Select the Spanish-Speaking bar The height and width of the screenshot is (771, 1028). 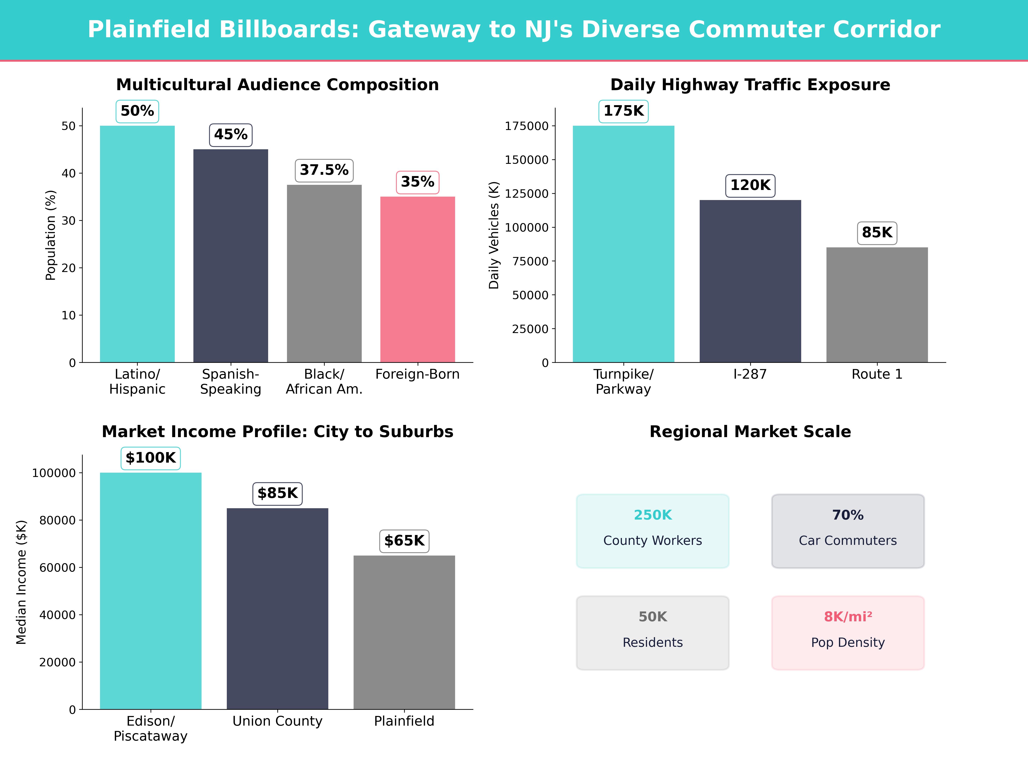(230, 256)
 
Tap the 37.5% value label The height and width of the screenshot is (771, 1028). (324, 170)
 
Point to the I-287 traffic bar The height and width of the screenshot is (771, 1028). (750, 281)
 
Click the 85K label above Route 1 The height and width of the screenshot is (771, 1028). (877, 232)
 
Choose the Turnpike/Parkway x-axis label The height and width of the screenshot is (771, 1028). (623, 382)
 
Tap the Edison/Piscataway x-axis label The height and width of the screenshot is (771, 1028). (151, 728)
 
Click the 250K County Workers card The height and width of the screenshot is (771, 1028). (653, 531)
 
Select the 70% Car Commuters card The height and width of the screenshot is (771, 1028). (848, 531)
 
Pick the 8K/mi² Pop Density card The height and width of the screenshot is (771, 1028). (848, 632)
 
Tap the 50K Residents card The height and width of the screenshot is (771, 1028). (653, 632)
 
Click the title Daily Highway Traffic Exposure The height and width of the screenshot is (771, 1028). (750, 85)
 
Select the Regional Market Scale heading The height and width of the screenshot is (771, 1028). (750, 432)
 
